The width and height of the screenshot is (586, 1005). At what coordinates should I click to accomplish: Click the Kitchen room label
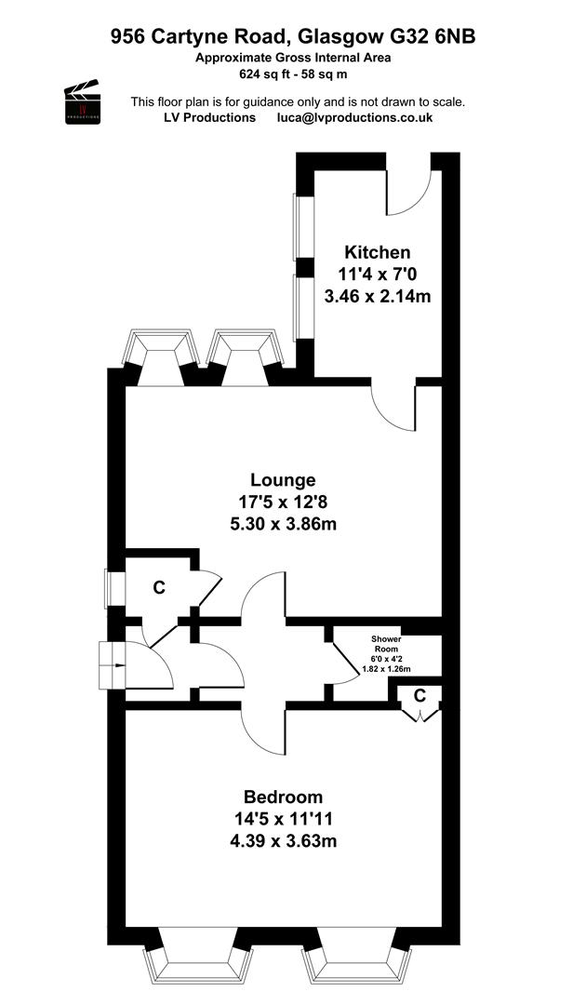point(378,252)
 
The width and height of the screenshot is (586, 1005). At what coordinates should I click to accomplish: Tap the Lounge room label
point(283,479)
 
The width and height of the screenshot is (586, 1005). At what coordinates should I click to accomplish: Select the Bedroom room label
point(283,797)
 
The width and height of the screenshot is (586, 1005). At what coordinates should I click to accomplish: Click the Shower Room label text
point(386,644)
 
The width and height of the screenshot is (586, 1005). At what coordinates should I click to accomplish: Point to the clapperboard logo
point(83,101)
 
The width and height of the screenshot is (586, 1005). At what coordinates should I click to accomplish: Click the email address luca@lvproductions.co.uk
point(354,117)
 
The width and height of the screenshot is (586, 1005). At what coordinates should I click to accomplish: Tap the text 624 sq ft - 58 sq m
point(293,74)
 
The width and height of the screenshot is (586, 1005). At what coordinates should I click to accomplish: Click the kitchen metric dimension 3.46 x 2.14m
point(378,297)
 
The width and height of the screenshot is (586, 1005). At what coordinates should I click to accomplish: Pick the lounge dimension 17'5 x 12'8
point(283,502)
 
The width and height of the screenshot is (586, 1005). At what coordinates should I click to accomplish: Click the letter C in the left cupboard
point(159,586)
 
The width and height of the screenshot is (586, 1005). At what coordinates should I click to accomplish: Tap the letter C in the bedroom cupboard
point(420,695)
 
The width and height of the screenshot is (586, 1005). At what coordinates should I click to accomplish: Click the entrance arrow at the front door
point(115,665)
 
